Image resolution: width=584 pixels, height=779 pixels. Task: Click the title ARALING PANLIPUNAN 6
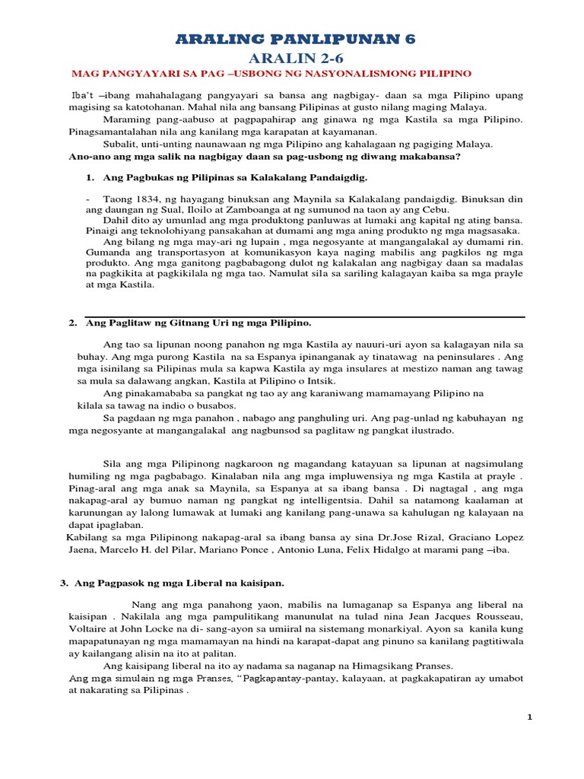click(x=296, y=40)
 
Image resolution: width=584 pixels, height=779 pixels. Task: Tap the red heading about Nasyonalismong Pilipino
click(x=271, y=74)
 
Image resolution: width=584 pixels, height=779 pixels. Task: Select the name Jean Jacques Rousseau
click(x=471, y=613)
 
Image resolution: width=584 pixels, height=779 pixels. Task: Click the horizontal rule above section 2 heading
click(x=304, y=316)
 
